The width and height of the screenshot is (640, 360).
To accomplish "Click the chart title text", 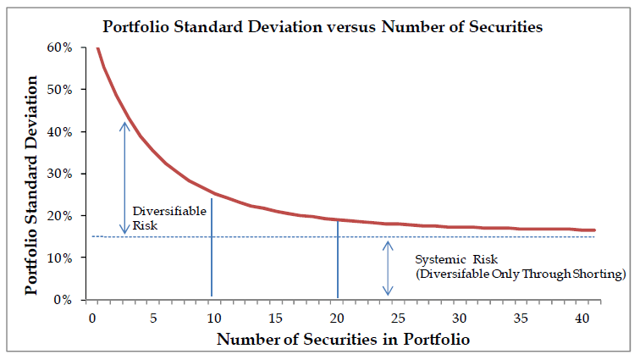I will tap(320, 26).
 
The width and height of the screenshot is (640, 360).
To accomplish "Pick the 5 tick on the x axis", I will tap(153, 318).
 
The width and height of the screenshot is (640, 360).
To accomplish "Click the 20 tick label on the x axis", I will tap(337, 318).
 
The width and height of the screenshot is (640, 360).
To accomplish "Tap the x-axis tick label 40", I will tap(582, 318).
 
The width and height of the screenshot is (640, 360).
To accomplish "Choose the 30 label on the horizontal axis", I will tap(460, 318).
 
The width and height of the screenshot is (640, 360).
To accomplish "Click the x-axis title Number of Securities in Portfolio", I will tap(342, 340).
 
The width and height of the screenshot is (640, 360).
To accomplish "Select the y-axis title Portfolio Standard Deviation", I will tap(31, 184).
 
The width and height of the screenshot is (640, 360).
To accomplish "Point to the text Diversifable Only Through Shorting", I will tap(520, 274).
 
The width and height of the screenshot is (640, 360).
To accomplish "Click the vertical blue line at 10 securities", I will tap(212, 254).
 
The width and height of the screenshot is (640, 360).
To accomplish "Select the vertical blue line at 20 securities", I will tap(338, 263).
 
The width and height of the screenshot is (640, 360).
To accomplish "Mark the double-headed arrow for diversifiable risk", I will tap(124, 178).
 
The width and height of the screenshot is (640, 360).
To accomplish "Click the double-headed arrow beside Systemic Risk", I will tap(389, 268).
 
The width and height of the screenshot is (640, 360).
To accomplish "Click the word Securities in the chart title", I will tap(504, 26).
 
